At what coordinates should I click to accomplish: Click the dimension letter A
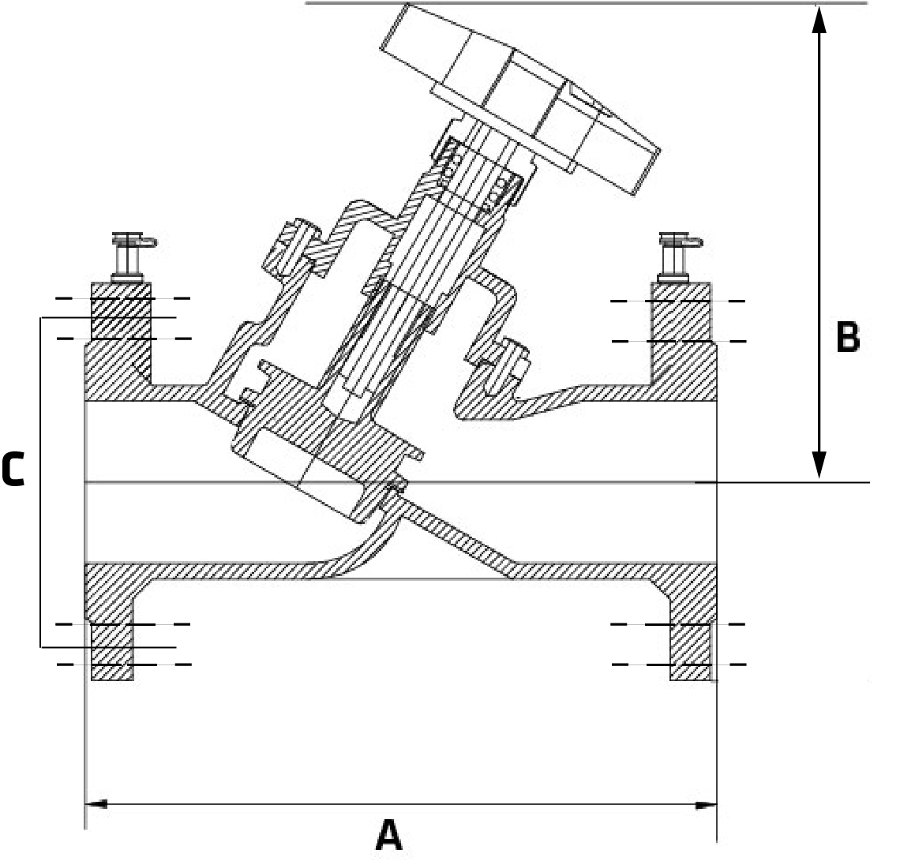pos(388,834)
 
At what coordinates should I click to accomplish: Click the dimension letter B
pos(847,338)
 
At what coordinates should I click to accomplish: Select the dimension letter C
pos(13,470)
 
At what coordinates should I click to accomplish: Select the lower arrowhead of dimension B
pos(819,466)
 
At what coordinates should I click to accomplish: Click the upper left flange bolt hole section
pos(121,319)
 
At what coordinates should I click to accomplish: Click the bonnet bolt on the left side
pos(291,243)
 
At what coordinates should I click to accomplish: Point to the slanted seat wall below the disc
pos(458,537)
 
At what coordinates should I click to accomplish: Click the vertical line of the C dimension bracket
pos(40,481)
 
